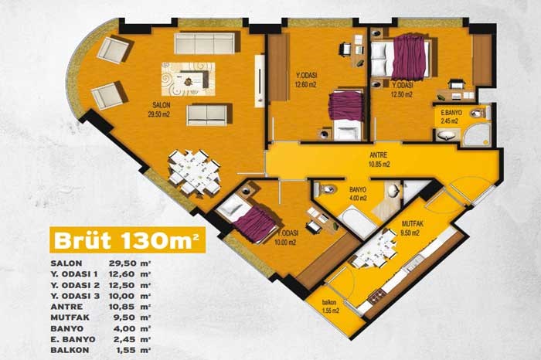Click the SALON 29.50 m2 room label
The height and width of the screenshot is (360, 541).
159,109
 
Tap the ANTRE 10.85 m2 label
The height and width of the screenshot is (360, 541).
379,160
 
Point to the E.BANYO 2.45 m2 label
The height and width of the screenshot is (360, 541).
451,117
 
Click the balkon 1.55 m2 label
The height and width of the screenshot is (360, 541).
330,307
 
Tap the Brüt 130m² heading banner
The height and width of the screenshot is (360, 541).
128,239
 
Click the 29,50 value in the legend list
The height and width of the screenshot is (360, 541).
120,263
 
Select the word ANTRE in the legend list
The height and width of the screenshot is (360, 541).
66,307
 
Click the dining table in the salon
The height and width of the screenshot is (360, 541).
195,172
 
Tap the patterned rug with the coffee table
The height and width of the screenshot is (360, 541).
188,79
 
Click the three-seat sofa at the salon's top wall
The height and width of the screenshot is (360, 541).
205,43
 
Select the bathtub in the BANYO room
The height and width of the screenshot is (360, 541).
356,222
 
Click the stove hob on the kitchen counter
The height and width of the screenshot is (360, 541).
376,297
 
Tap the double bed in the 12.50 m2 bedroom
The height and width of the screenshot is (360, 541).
400,57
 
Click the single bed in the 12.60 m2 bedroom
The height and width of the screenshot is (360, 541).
346,115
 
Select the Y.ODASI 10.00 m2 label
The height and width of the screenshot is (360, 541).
286,238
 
